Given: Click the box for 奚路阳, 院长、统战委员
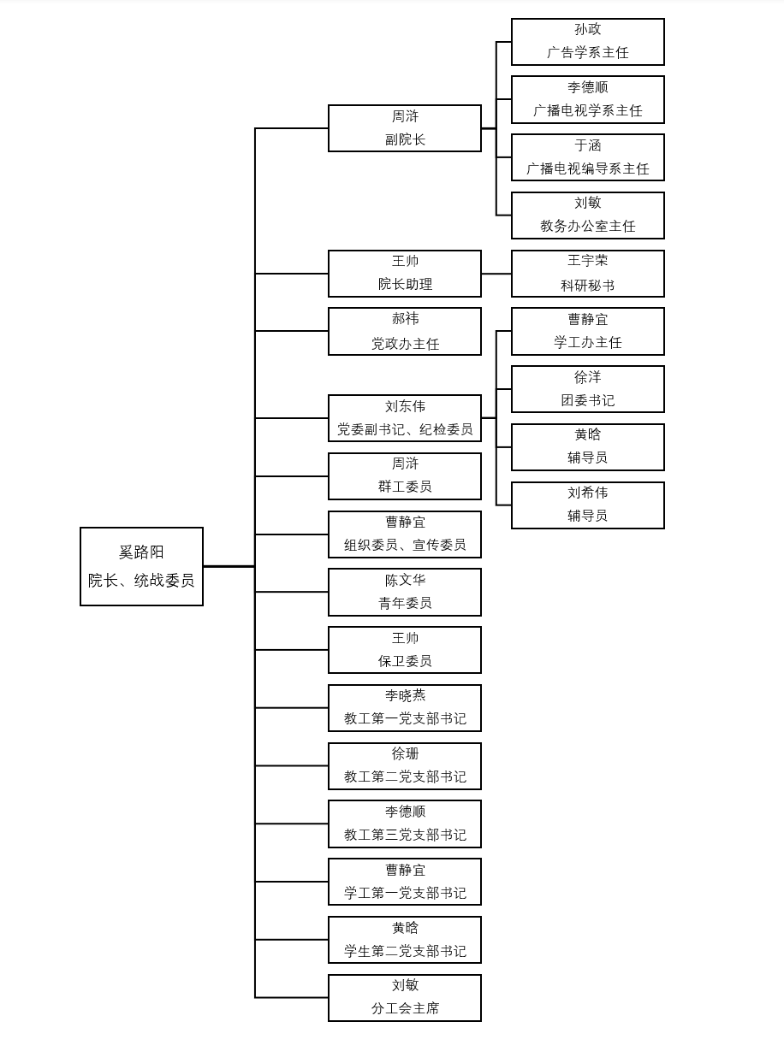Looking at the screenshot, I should [141, 566].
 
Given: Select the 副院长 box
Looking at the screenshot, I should [404, 128].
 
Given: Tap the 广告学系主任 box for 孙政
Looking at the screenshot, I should [587, 42].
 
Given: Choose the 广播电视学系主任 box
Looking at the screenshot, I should [587, 99].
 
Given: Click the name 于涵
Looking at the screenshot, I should [587, 145].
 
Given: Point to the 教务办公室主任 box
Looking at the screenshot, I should [587, 216].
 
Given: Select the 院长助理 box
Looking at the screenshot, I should [404, 274].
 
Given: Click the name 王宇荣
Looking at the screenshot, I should [587, 261].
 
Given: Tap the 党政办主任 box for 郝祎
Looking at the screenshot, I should [404, 332].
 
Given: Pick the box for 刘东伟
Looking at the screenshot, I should [404, 418].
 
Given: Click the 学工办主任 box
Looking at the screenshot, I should [587, 332].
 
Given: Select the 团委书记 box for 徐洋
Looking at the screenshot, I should [587, 389].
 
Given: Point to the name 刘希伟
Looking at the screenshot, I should [587, 493].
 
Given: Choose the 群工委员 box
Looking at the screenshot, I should [404, 476].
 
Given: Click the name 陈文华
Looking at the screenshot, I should [404, 581].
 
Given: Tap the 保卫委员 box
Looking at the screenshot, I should [404, 650].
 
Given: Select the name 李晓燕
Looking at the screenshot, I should [404, 696].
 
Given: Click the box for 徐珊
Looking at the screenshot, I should [404, 766].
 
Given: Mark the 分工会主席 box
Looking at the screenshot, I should [404, 998].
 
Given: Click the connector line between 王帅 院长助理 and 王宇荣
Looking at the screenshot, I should [496, 274].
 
